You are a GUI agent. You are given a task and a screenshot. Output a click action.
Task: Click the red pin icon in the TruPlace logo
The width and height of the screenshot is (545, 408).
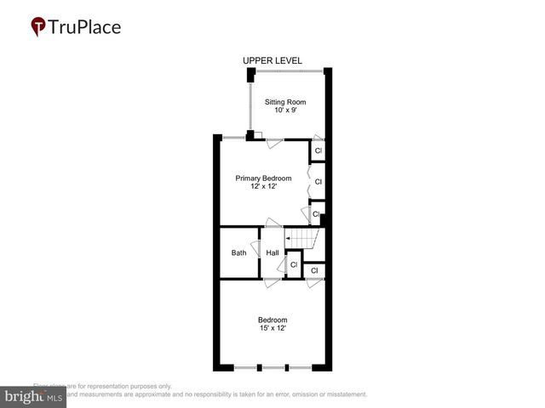click(38, 27)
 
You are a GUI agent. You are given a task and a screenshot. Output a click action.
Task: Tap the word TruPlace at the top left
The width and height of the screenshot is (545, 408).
click(84, 26)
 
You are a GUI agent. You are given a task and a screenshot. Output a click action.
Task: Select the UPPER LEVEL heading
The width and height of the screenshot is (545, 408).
click(272, 60)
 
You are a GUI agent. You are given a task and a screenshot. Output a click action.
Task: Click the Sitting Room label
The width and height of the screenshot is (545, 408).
click(284, 102)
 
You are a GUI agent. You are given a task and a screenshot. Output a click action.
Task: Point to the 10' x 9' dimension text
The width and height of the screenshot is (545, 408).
click(284, 111)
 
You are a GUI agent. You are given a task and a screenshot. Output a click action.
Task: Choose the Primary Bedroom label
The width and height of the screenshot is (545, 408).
click(263, 178)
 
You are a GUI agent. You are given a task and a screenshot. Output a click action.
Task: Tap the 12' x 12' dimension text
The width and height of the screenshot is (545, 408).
click(263, 186)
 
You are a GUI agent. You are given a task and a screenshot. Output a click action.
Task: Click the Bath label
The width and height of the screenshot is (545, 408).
click(238, 252)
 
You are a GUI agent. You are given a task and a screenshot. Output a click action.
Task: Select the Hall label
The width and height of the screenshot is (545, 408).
click(272, 252)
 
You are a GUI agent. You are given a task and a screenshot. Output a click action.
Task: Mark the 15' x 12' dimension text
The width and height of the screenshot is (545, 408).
click(272, 328)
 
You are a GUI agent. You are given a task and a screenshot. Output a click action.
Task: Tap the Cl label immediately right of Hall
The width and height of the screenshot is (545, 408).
click(294, 264)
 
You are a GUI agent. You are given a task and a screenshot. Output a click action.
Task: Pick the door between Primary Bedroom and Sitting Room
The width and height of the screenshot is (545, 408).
click(273, 143)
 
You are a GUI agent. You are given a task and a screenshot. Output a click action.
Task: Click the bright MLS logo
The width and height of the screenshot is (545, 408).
click(33, 397)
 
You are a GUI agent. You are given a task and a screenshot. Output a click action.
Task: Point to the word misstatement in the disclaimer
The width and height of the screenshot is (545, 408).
click(341, 394)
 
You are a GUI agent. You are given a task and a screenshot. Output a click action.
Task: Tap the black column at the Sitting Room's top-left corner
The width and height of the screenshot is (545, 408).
click(250, 76)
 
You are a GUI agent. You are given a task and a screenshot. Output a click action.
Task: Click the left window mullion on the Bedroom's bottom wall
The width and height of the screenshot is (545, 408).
click(261, 367)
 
